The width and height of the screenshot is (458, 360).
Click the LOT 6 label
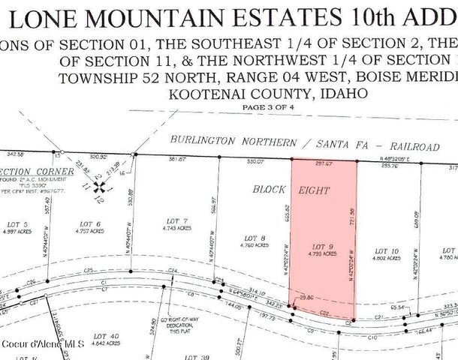pyautogui.click(x=90, y=223)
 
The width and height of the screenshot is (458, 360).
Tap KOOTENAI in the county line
pyautogui.click(x=200, y=94)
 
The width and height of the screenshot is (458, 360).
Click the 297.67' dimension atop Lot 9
pyautogui.click(x=324, y=163)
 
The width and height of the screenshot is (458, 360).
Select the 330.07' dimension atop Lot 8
pyautogui.click(x=257, y=161)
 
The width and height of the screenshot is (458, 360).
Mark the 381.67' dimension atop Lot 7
pyautogui.click(x=176, y=159)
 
